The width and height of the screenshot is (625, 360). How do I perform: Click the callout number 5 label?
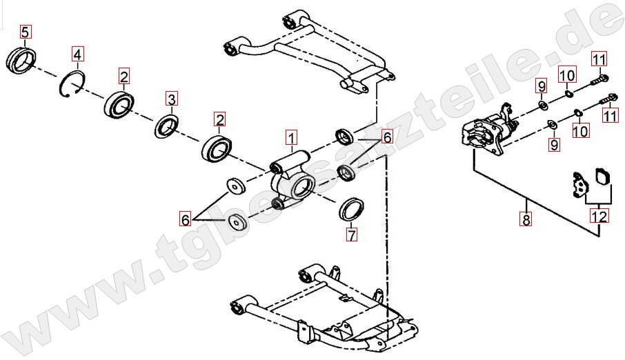click(x=25, y=32)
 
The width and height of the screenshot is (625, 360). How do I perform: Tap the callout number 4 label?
click(x=78, y=54)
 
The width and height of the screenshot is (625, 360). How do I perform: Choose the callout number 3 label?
click(x=171, y=99)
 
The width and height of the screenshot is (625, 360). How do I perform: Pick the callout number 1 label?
click(x=292, y=138)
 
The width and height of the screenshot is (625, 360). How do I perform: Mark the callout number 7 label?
click(x=351, y=234)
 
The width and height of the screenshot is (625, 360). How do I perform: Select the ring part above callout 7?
click(x=351, y=209)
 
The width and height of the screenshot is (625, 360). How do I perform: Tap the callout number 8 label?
click(x=526, y=219)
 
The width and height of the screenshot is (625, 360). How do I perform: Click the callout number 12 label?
click(x=599, y=217)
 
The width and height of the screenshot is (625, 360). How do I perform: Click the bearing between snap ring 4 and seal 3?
click(x=119, y=105)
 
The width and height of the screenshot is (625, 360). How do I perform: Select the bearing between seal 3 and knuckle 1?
click(x=217, y=148)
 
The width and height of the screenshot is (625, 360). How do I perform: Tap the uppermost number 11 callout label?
click(x=599, y=59)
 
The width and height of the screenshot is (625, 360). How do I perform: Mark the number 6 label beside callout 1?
click(x=387, y=137)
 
